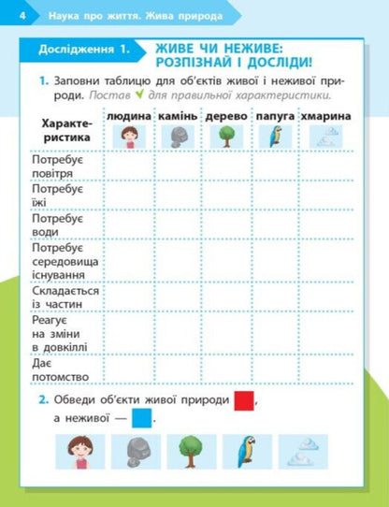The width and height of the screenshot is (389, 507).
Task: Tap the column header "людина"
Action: click(129, 116)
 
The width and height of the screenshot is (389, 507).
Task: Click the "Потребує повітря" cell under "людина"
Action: click(129, 165)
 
